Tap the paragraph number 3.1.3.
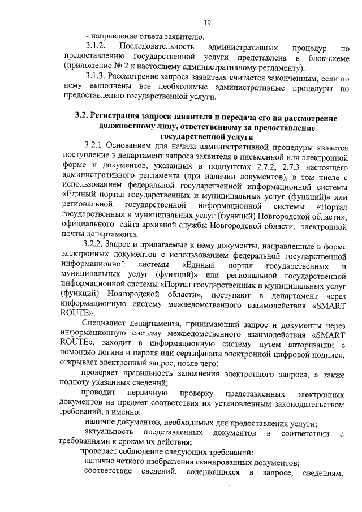click(x=96, y=76)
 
